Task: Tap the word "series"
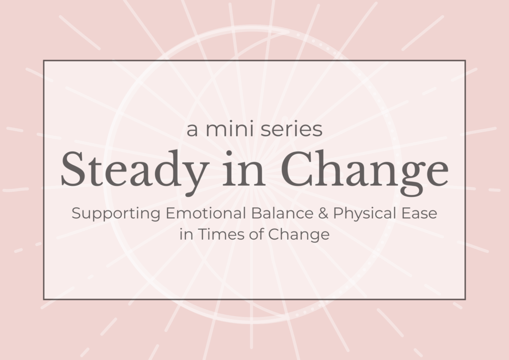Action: click(x=291, y=129)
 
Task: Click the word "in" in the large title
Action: click(x=244, y=170)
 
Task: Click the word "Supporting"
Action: click(x=116, y=214)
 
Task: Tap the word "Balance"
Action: click(x=282, y=213)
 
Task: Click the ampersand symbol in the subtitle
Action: click(x=323, y=213)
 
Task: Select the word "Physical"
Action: click(x=364, y=214)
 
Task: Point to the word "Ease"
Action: click(x=419, y=213)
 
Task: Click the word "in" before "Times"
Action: click(x=186, y=234)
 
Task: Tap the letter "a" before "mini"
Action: click(x=192, y=130)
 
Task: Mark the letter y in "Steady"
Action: click(x=195, y=179)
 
